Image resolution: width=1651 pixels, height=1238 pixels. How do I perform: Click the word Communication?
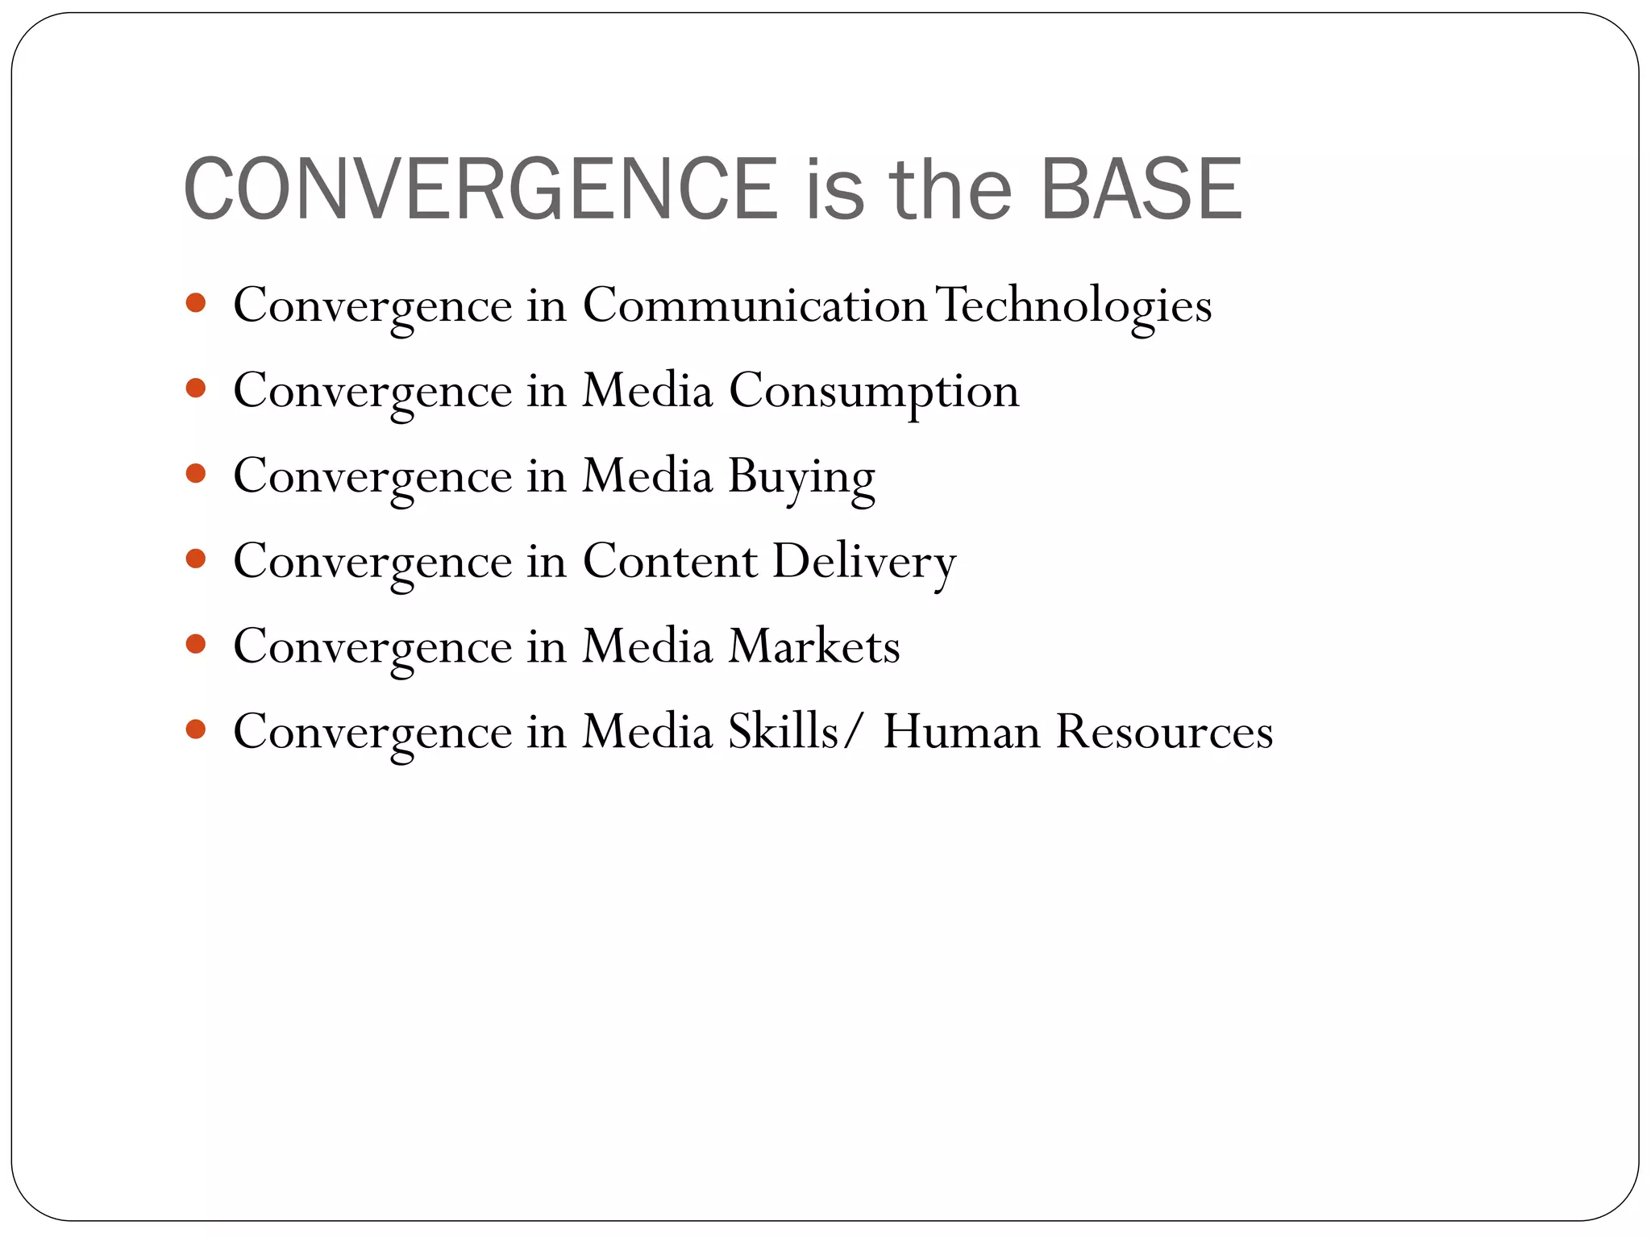(755, 305)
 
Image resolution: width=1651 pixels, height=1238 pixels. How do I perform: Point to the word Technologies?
(1075, 307)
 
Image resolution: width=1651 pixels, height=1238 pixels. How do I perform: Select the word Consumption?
(874, 393)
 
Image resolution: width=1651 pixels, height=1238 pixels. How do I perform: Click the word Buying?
(801, 478)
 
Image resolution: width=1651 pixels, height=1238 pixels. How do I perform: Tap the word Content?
(670, 561)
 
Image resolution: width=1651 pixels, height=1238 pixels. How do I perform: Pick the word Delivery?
(864, 563)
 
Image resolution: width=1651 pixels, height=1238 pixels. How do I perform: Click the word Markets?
(814, 646)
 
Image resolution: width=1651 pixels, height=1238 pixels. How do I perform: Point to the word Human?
(962, 732)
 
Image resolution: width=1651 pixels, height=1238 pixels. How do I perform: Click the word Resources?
(1164, 732)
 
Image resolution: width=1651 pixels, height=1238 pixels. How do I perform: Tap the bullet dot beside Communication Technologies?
(196, 303)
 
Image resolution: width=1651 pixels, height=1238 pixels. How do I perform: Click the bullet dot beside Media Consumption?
(196, 388)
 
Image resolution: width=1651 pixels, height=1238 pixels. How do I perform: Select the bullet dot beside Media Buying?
(196, 473)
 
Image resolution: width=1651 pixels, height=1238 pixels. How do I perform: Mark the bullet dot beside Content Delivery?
(196, 559)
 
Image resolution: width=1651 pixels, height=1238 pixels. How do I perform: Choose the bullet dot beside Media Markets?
(196, 644)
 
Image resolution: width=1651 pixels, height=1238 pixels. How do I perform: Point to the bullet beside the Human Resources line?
(196, 729)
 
